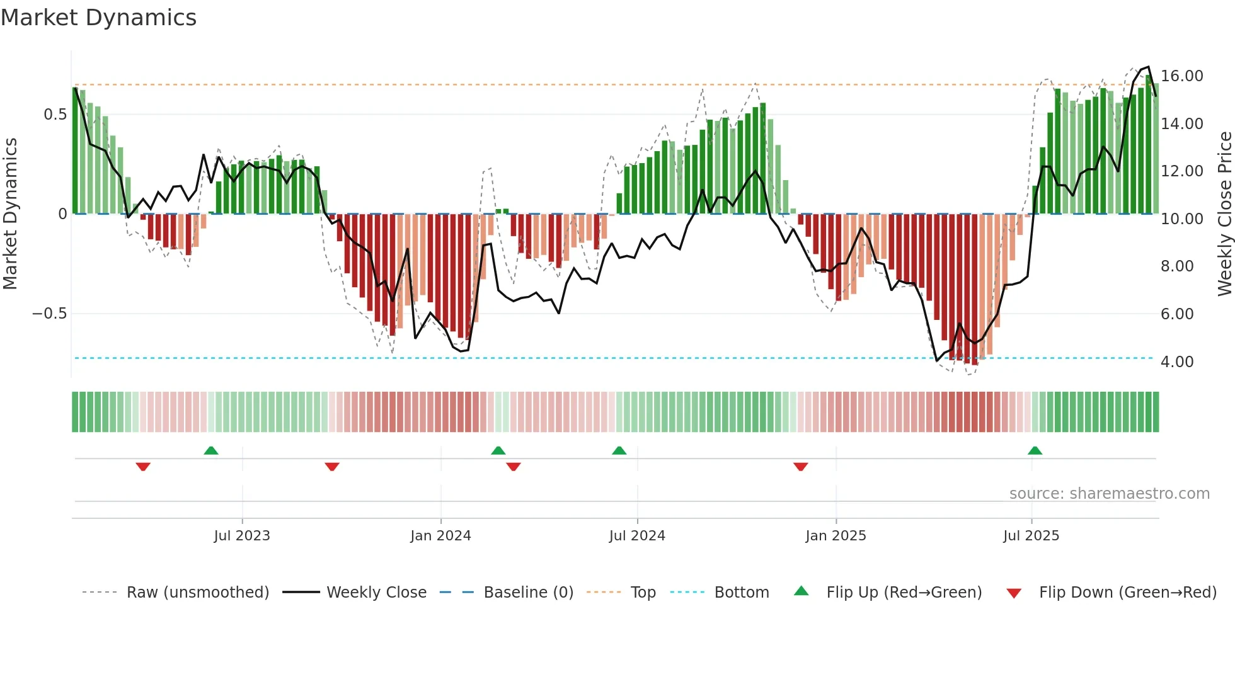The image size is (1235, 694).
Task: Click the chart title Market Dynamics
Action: point(98,18)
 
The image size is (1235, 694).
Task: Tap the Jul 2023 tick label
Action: point(242,535)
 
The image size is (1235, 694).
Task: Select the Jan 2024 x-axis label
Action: point(440,535)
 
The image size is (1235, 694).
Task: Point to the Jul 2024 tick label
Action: point(637,535)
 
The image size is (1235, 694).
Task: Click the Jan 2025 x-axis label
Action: point(836,535)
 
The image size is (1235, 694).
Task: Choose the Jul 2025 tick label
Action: point(1031,535)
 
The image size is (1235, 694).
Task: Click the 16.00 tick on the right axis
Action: point(1182,76)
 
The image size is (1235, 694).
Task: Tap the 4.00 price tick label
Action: point(1177,362)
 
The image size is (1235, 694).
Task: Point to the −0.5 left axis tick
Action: point(50,314)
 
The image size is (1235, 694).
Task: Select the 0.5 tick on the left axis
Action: point(55,115)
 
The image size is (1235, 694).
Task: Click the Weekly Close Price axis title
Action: point(1224,213)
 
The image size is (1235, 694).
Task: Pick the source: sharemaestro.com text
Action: point(1109,494)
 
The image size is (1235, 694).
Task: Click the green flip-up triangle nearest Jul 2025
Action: point(1035,450)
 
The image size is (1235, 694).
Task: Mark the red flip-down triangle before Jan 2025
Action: point(800,467)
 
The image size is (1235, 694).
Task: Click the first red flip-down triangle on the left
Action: point(143,467)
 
